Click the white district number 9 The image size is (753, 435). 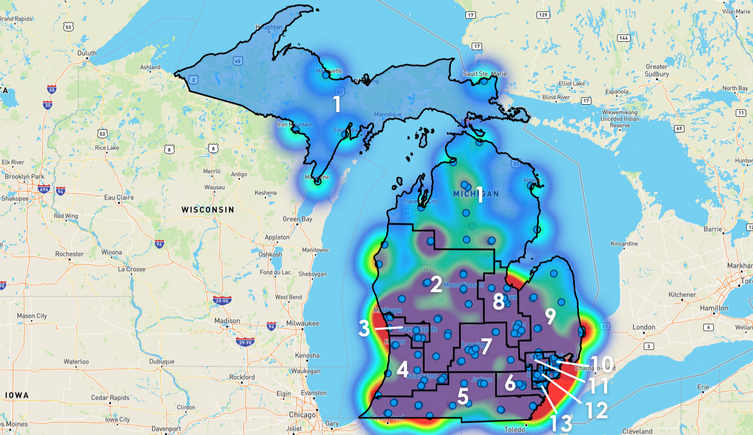550,316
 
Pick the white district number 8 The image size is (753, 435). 499,302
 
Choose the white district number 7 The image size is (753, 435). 487,345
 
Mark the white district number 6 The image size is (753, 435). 510,384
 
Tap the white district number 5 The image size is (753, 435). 462,396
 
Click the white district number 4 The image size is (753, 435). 402,370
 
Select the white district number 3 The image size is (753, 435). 364,329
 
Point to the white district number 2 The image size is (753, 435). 436,285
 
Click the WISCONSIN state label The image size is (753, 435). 208,209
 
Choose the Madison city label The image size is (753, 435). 227,321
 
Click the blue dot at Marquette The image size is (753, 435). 326,75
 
